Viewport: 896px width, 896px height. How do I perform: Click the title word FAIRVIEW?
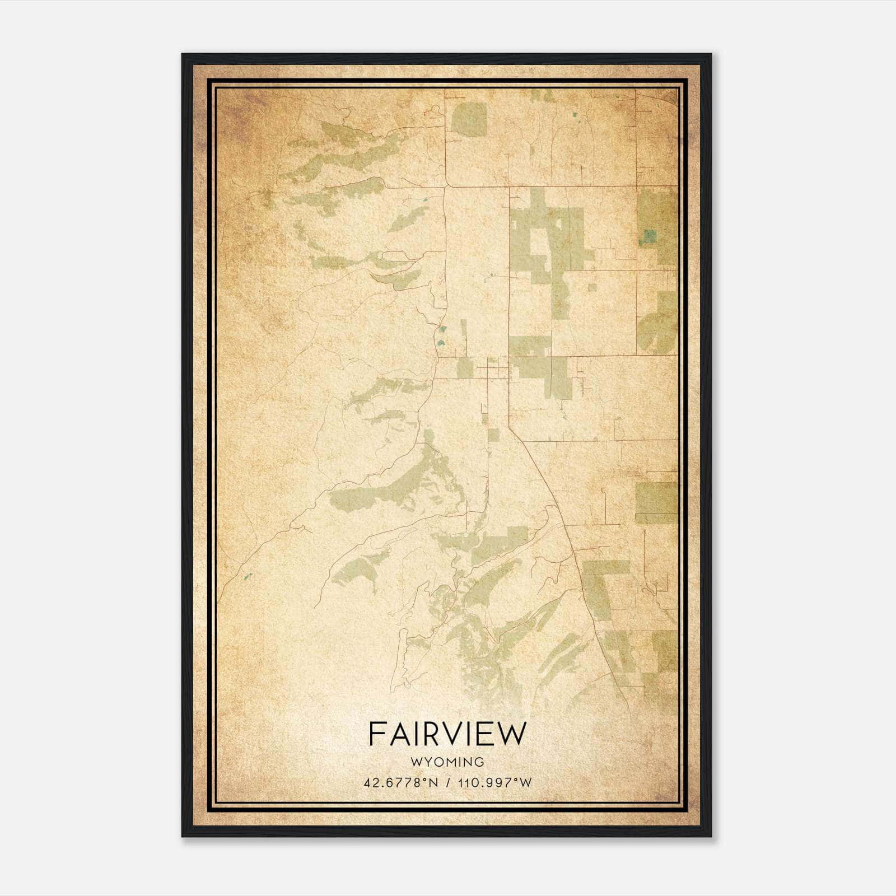(447, 734)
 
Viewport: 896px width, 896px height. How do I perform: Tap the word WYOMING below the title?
(447, 762)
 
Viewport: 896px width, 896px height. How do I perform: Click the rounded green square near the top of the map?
(469, 118)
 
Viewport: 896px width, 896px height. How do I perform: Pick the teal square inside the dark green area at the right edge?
(650, 237)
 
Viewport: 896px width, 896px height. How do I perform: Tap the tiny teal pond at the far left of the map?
(248, 576)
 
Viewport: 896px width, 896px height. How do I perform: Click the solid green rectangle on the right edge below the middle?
(656, 502)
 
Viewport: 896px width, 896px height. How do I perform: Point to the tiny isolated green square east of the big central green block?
(592, 287)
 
